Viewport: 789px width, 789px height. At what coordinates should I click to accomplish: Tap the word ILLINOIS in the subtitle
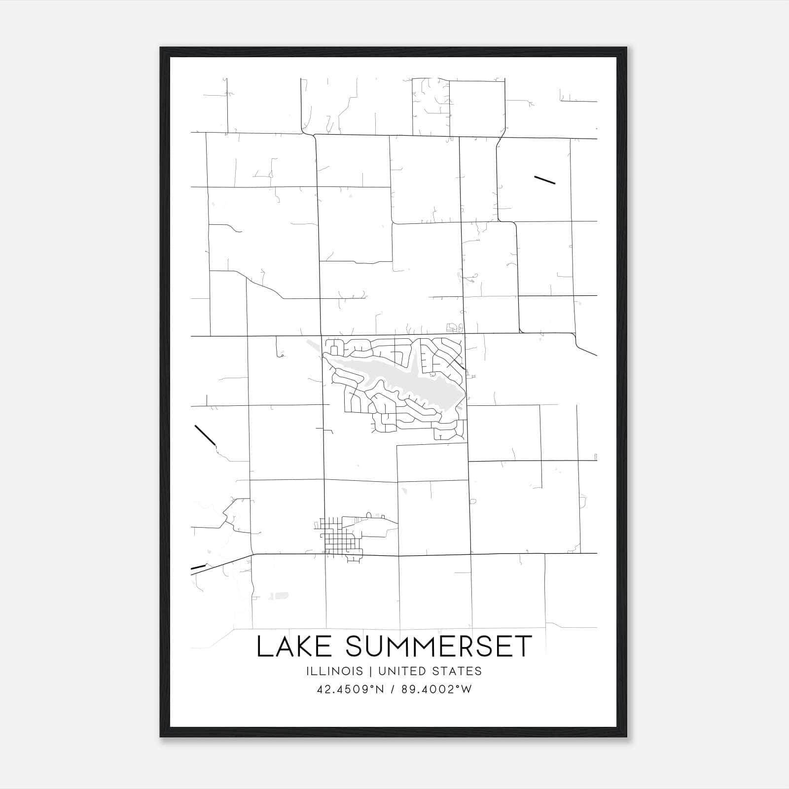pyautogui.click(x=334, y=671)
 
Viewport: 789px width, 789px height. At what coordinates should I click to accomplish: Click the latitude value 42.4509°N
pyautogui.click(x=350, y=689)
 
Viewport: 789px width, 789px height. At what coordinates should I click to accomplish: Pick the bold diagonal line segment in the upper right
pyautogui.click(x=545, y=179)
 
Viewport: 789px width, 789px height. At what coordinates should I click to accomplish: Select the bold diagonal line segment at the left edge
pyautogui.click(x=205, y=435)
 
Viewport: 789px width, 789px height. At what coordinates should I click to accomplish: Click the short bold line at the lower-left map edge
pyautogui.click(x=198, y=568)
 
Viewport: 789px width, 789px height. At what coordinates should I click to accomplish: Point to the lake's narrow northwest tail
pyautogui.click(x=312, y=345)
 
